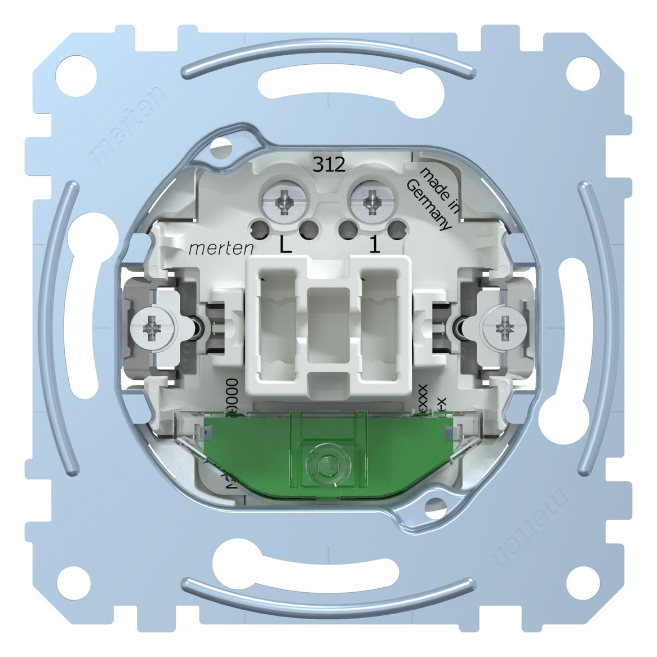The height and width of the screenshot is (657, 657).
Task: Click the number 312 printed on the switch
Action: tap(330, 164)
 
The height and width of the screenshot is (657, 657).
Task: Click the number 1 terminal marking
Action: tap(372, 247)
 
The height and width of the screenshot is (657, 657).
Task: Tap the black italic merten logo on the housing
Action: tap(220, 247)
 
